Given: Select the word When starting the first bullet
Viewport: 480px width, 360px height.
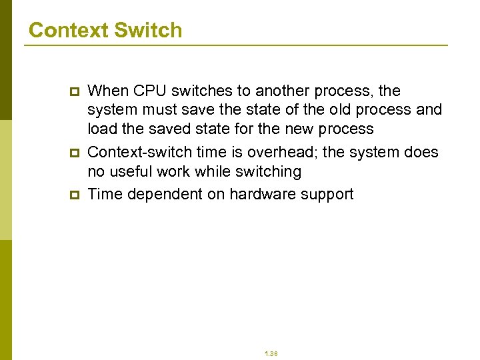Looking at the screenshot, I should pos(109,91).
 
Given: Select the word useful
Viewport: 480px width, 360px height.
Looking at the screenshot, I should pos(131,171).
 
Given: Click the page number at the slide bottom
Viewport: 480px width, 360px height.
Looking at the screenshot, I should pos(271,353).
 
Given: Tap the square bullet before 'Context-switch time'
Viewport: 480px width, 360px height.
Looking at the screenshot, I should pos(74,153).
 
